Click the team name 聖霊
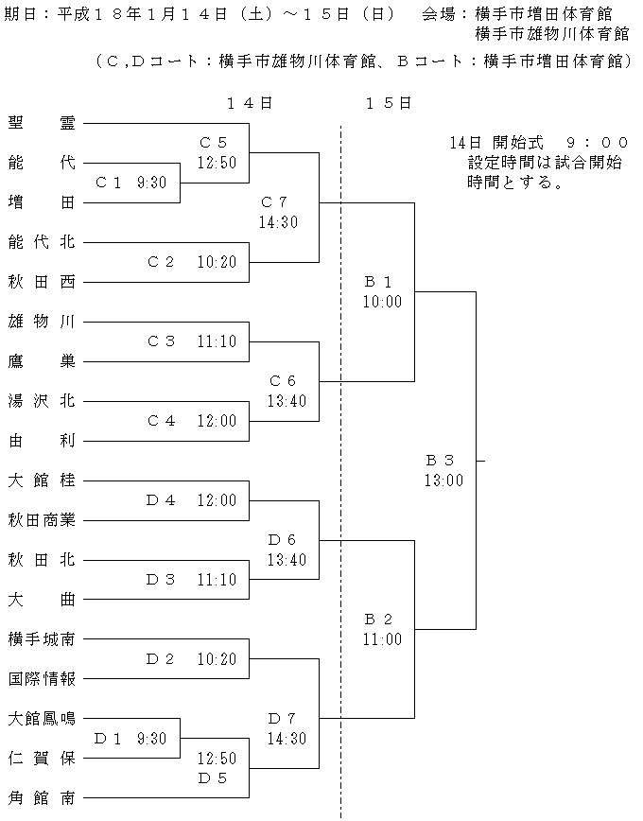coord(42,123)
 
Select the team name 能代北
coord(42,241)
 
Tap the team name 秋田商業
coord(42,519)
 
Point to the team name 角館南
coord(42,797)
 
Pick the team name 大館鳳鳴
coord(42,719)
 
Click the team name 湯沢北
coord(42,400)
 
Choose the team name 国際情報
coord(42,678)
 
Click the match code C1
coord(109,183)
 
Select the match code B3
coord(440,461)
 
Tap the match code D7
coord(282,719)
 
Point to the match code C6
coord(282,380)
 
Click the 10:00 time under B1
coord(382,302)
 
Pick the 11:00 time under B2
coord(382,638)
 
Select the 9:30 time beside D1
coord(152,739)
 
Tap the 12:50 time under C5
coord(217,163)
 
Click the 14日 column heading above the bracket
coord(250,103)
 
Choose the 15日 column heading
coord(389,103)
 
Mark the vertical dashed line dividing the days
coord(340,471)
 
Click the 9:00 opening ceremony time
coord(598,143)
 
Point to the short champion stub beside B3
coord(480,461)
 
